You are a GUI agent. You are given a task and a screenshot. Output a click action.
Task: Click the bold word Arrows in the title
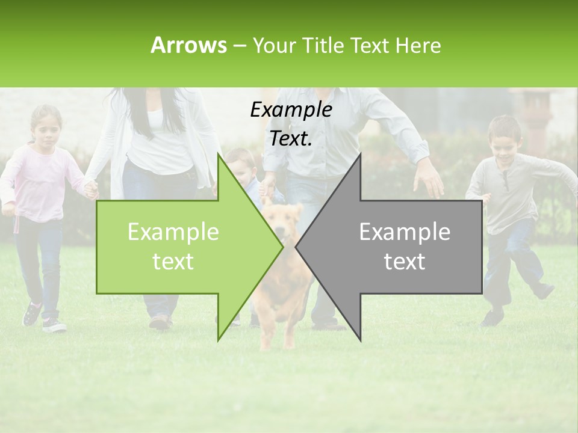(188, 45)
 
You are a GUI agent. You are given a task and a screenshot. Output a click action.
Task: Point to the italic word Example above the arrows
(291, 109)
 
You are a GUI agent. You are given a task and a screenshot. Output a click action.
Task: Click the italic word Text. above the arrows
(291, 139)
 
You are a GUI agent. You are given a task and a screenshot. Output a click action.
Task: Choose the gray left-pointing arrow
(397, 247)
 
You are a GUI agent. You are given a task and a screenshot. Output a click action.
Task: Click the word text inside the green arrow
(173, 262)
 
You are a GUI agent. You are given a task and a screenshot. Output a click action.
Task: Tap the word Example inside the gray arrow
(405, 232)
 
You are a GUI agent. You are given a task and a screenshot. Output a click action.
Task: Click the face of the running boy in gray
(503, 138)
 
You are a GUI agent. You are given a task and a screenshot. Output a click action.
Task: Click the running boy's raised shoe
(544, 292)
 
